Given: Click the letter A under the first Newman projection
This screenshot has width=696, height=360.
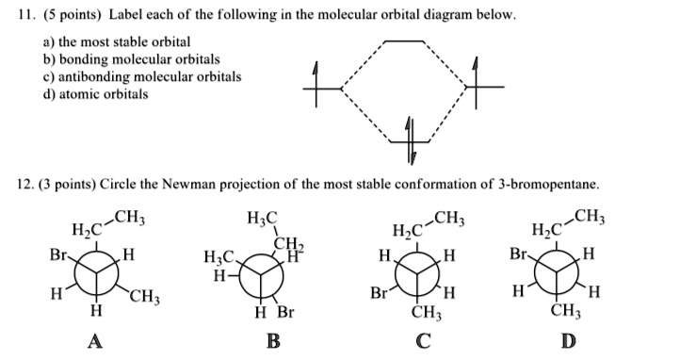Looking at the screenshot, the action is tap(94, 341).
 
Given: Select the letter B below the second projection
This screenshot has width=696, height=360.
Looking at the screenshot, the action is tap(273, 341).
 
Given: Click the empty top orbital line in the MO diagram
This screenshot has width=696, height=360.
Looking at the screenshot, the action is tap(406, 41).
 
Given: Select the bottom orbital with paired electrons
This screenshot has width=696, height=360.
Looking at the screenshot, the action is tap(409, 139).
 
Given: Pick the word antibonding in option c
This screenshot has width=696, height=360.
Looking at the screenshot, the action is tap(76, 76).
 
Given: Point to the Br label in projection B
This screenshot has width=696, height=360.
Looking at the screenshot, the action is tap(284, 311).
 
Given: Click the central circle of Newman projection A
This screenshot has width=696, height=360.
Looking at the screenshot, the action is tap(92, 273).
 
